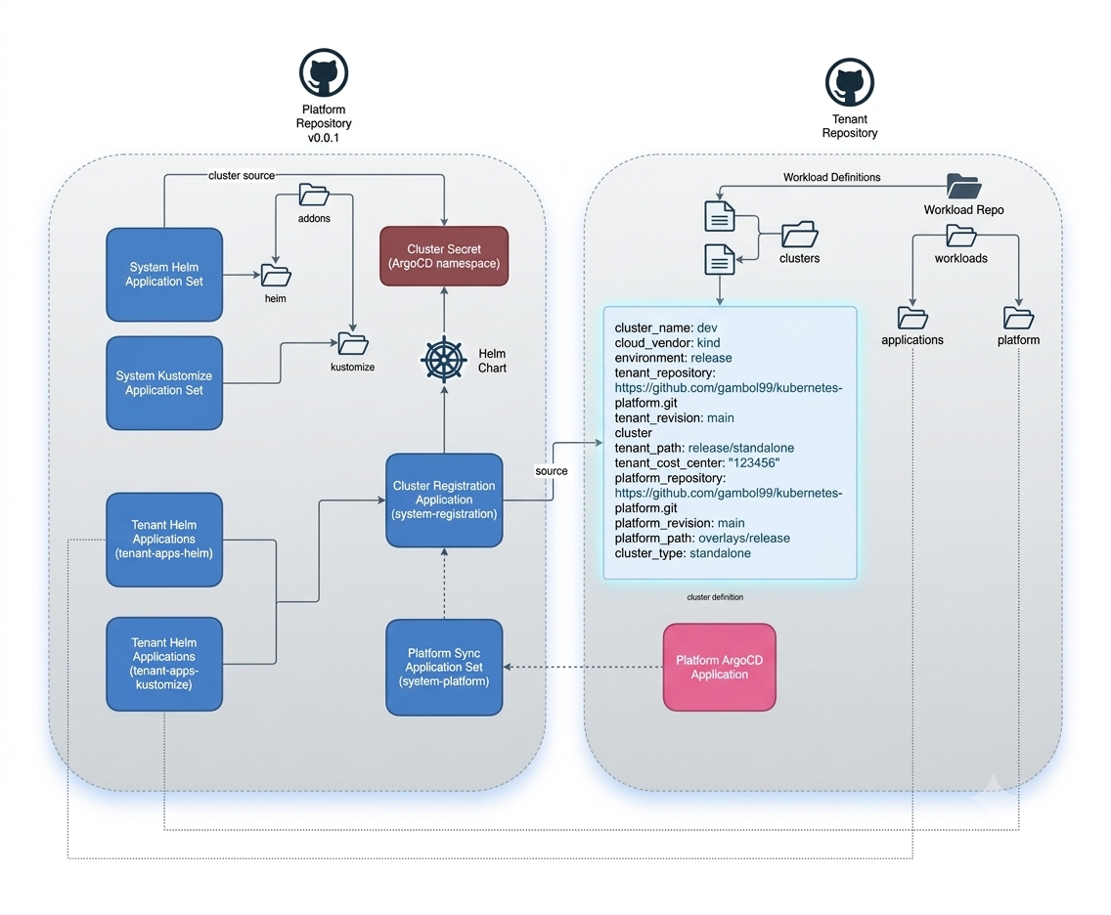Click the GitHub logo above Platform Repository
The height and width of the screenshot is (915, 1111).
pyautogui.click(x=323, y=72)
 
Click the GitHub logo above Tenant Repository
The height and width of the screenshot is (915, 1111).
pyautogui.click(x=850, y=82)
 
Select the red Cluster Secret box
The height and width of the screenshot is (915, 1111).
pyautogui.click(x=444, y=256)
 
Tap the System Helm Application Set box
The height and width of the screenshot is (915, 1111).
pyautogui.click(x=164, y=275)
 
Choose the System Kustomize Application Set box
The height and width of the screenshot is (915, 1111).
pyautogui.click(x=164, y=383)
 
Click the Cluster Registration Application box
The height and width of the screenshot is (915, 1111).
pyautogui.click(x=444, y=500)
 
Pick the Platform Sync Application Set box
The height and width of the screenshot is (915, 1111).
pyautogui.click(x=444, y=667)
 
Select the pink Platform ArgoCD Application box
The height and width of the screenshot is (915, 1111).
pyautogui.click(x=719, y=667)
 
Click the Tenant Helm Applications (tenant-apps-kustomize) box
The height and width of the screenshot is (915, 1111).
pyautogui.click(x=164, y=664)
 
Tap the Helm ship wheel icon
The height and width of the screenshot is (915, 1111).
pyautogui.click(x=444, y=360)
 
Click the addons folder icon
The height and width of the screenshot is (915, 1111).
pyautogui.click(x=314, y=196)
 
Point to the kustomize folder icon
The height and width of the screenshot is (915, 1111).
pyautogui.click(x=353, y=344)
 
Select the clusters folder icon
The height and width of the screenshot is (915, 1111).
pyautogui.click(x=800, y=235)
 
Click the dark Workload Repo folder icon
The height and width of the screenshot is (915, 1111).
pyautogui.click(x=963, y=187)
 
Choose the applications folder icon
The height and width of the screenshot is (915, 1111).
pyautogui.click(x=912, y=318)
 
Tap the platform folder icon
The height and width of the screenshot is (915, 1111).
pyautogui.click(x=1019, y=318)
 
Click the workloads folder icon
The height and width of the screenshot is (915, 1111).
pyautogui.click(x=961, y=236)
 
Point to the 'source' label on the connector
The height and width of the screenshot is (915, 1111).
pyautogui.click(x=552, y=471)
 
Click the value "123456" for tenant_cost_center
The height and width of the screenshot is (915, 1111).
pyautogui.click(x=754, y=463)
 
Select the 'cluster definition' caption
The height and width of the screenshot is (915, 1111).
pyautogui.click(x=715, y=597)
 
